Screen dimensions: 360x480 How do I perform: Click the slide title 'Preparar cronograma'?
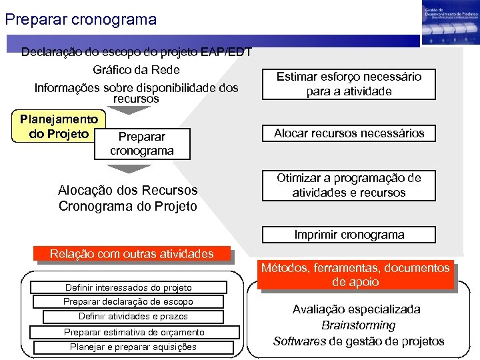pyautogui.click(x=81, y=19)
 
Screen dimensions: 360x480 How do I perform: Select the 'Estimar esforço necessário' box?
pyautogui.click(x=349, y=84)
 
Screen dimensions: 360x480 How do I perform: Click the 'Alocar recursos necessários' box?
pyautogui.click(x=349, y=133)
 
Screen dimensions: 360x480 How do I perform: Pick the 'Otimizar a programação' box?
pyautogui.click(x=349, y=185)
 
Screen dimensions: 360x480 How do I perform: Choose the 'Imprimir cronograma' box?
pyautogui.click(x=349, y=235)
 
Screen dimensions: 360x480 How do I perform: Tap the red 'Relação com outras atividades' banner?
pyautogui.click(x=132, y=254)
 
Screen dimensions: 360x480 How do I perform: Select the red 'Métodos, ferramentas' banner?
pyautogui.click(x=355, y=275)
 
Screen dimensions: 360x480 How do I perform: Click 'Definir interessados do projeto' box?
pyautogui.click(x=128, y=287)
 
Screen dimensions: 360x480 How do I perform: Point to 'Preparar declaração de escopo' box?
pyautogui.click(x=128, y=302)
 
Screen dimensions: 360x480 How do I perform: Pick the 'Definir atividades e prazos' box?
pyautogui.click(x=133, y=317)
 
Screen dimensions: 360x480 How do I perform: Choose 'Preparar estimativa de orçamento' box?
pyautogui.click(x=133, y=332)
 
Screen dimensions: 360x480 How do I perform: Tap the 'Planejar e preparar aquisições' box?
pyautogui.click(x=133, y=347)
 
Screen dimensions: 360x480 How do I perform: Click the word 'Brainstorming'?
pyautogui.click(x=358, y=325)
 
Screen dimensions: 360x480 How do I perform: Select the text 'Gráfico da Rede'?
pyautogui.click(x=136, y=70)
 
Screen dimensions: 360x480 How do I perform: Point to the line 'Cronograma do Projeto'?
pyautogui.click(x=128, y=206)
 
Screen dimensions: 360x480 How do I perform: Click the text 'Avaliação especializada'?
pyautogui.click(x=357, y=309)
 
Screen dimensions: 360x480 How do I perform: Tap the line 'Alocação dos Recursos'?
pyautogui.click(x=128, y=191)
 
